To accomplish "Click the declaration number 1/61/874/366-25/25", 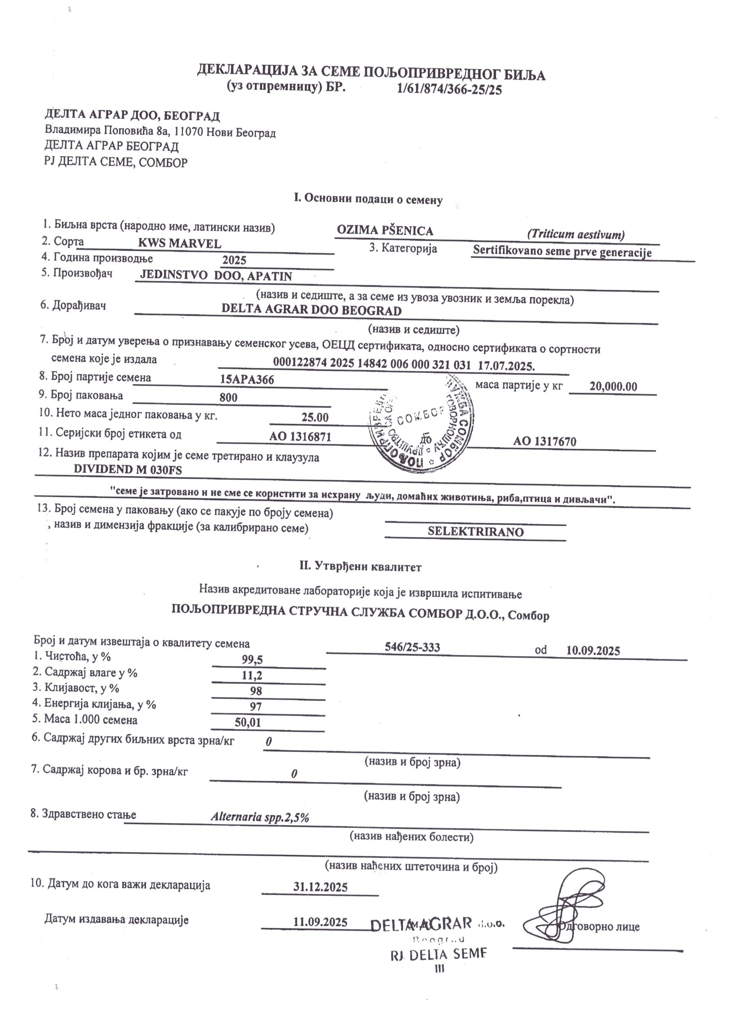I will click(x=449, y=90).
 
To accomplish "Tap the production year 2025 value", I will click(x=234, y=260).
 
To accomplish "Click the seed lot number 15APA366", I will click(x=247, y=379).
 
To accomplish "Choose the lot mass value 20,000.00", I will click(x=613, y=386).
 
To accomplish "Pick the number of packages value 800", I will click(x=228, y=397).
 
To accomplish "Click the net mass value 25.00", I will click(x=315, y=417).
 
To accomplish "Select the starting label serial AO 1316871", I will click(x=300, y=436).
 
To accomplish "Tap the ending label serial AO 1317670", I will click(x=544, y=441).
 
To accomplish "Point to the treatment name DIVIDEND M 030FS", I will click(x=128, y=469).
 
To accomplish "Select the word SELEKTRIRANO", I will click(x=475, y=532).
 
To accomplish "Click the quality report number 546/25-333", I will click(x=412, y=647).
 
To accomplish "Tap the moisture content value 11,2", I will click(x=252, y=675).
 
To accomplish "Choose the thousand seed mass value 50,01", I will click(x=248, y=722).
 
